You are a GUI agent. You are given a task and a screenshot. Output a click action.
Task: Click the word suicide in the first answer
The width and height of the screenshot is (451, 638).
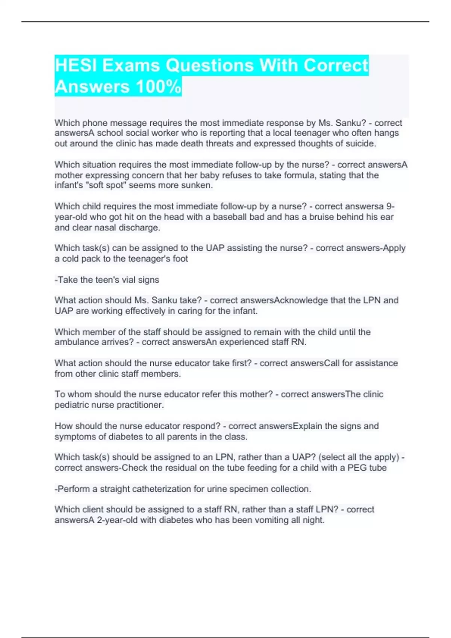pyautogui.click(x=360, y=144)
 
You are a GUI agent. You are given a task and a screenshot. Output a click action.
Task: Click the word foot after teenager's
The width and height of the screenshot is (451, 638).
pyautogui.click(x=180, y=259)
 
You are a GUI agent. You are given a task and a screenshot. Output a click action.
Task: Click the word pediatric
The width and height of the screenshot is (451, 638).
pyautogui.click(x=73, y=405)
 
